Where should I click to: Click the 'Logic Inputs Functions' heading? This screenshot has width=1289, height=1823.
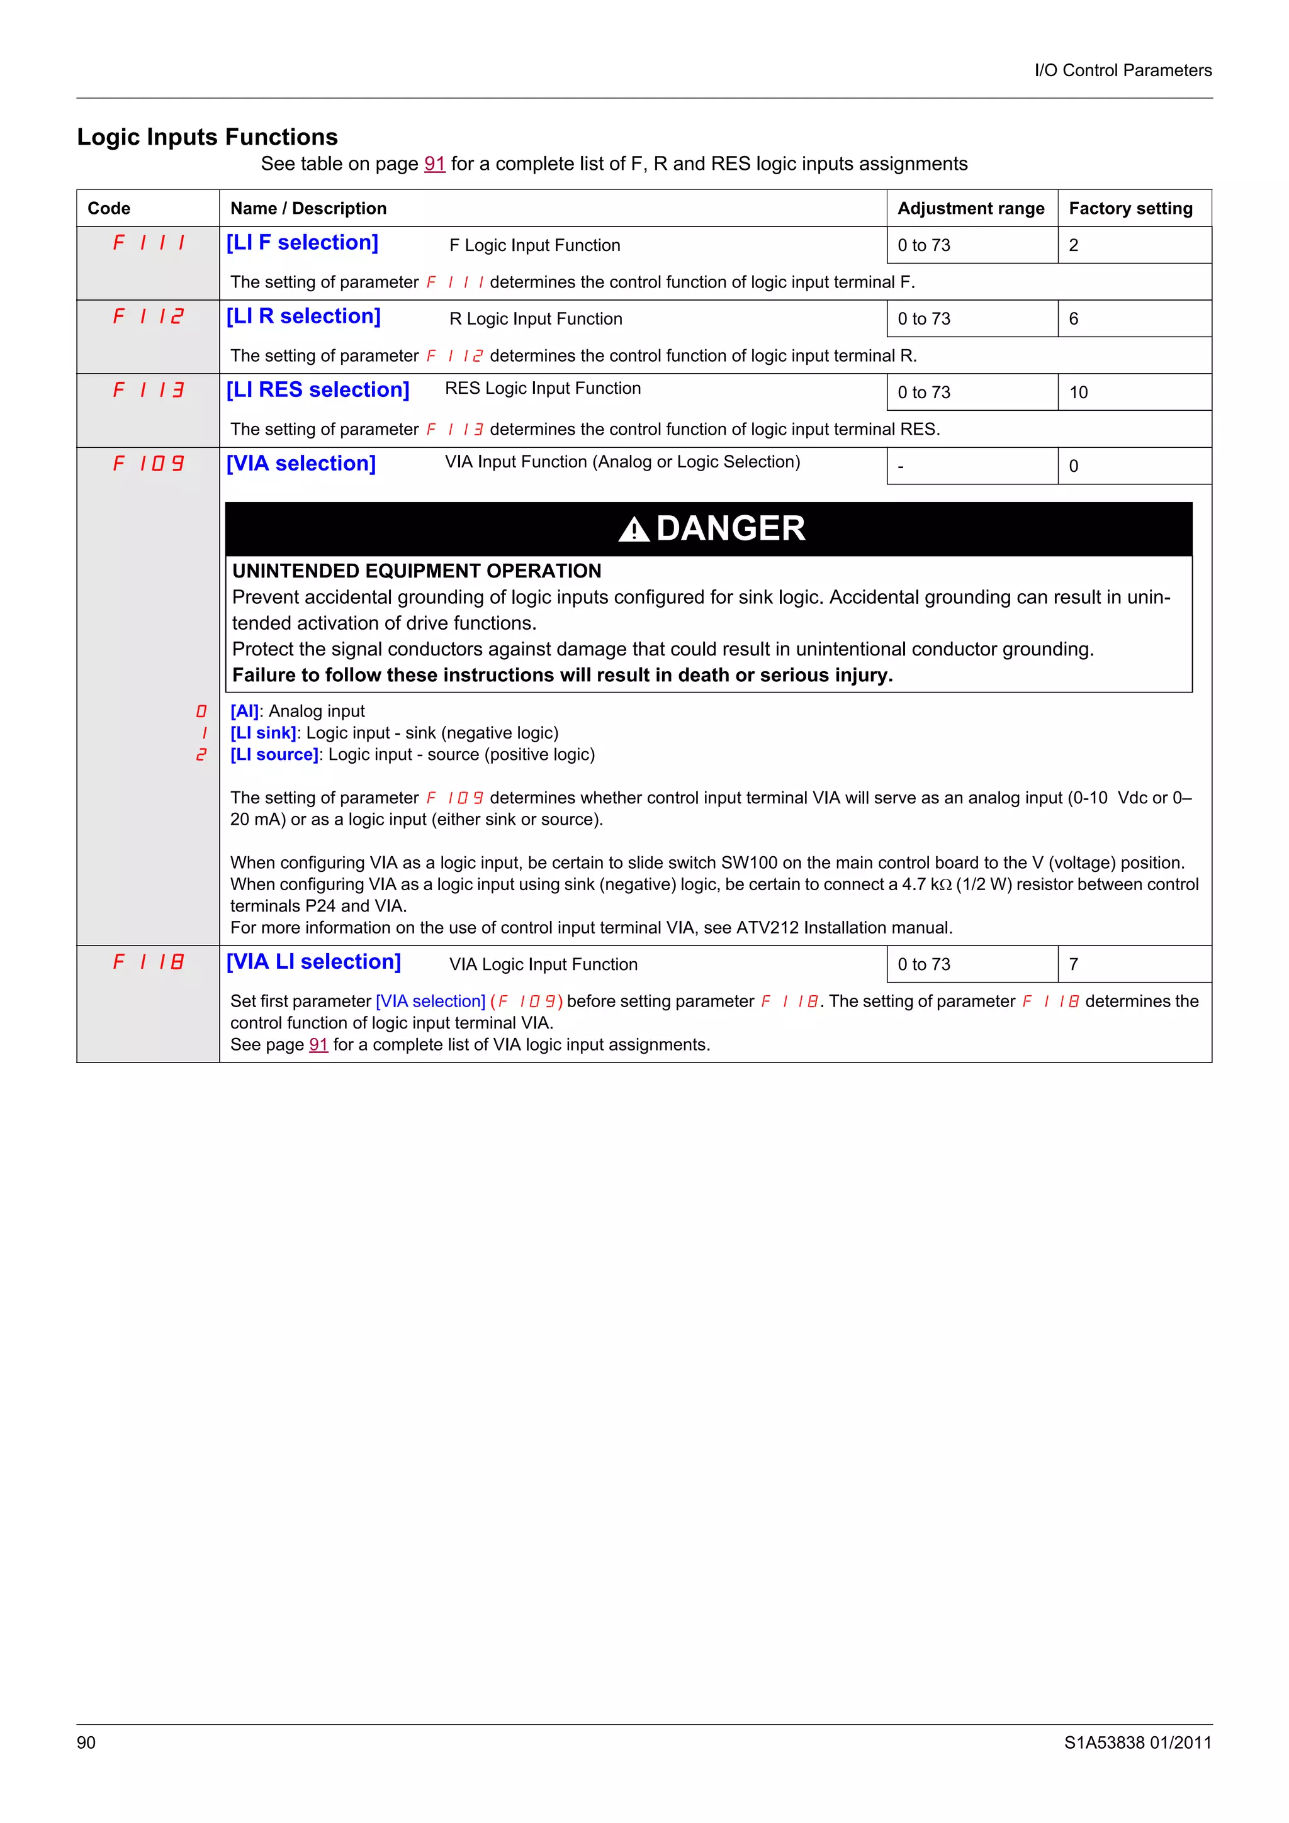click(207, 137)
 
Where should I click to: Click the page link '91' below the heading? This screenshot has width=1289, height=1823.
click(434, 164)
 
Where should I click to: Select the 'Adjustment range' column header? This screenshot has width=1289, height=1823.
click(971, 208)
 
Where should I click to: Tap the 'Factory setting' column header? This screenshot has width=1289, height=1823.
click(1130, 208)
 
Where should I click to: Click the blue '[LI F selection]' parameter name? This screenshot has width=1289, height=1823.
click(302, 242)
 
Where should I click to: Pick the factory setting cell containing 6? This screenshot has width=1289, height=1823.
click(1074, 318)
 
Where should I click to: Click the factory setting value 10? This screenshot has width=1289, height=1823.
click(1079, 393)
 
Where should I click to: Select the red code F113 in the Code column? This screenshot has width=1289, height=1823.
click(149, 390)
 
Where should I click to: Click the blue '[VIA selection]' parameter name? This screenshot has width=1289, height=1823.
click(301, 463)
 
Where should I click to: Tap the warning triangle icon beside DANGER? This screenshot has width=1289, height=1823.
click(634, 529)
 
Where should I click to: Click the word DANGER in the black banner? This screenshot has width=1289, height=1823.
click(731, 529)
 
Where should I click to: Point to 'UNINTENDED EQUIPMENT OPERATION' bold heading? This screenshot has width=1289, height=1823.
click(416, 571)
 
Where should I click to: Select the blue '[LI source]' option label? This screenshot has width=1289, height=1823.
click(274, 754)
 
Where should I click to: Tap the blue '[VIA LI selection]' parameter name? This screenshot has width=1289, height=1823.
click(313, 962)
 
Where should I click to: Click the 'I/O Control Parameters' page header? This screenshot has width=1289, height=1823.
click(1122, 70)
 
